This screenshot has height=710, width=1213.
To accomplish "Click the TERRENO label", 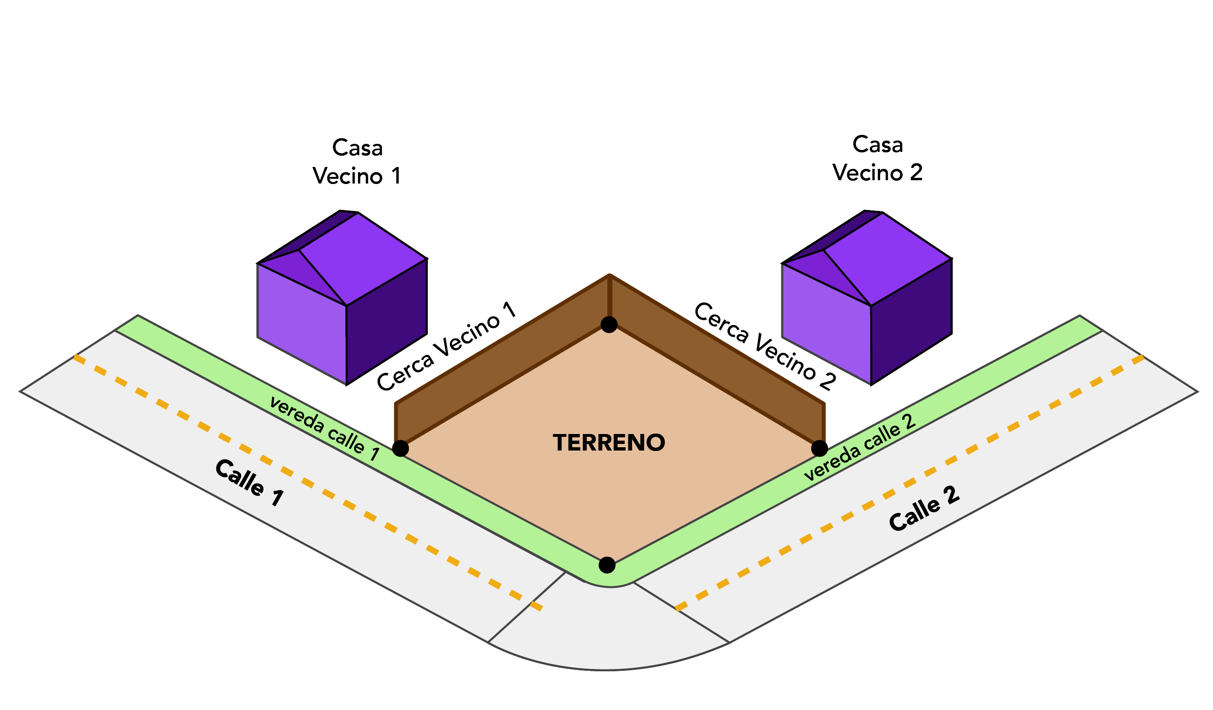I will (609, 443).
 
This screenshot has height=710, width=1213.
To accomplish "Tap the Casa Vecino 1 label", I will (356, 162).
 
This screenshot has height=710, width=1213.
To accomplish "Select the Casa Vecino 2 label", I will (877, 159).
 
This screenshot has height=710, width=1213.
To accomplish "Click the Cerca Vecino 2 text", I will (765, 345).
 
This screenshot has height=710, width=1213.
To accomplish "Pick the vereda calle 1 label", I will (324, 427).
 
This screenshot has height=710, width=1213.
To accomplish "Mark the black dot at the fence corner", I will (609, 325).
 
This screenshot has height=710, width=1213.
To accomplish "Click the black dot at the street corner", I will (607, 565).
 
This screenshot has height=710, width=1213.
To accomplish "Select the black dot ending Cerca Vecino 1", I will (400, 448).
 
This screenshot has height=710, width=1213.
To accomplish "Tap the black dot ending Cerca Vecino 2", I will (819, 448).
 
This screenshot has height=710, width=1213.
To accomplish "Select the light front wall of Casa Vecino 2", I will (825, 322).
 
